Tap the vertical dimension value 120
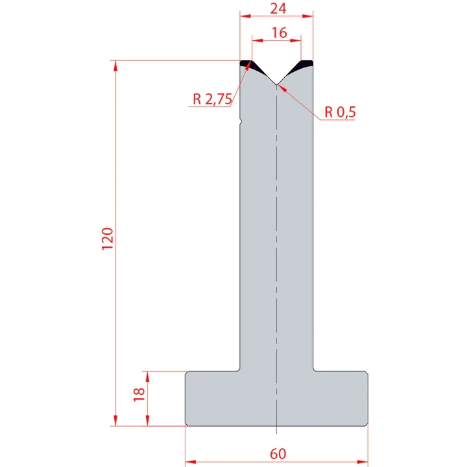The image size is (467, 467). pos(108,239)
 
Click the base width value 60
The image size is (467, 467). pos(277,453)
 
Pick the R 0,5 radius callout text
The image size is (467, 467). pos(341,112)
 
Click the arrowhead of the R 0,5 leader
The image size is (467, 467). pos(281,88)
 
